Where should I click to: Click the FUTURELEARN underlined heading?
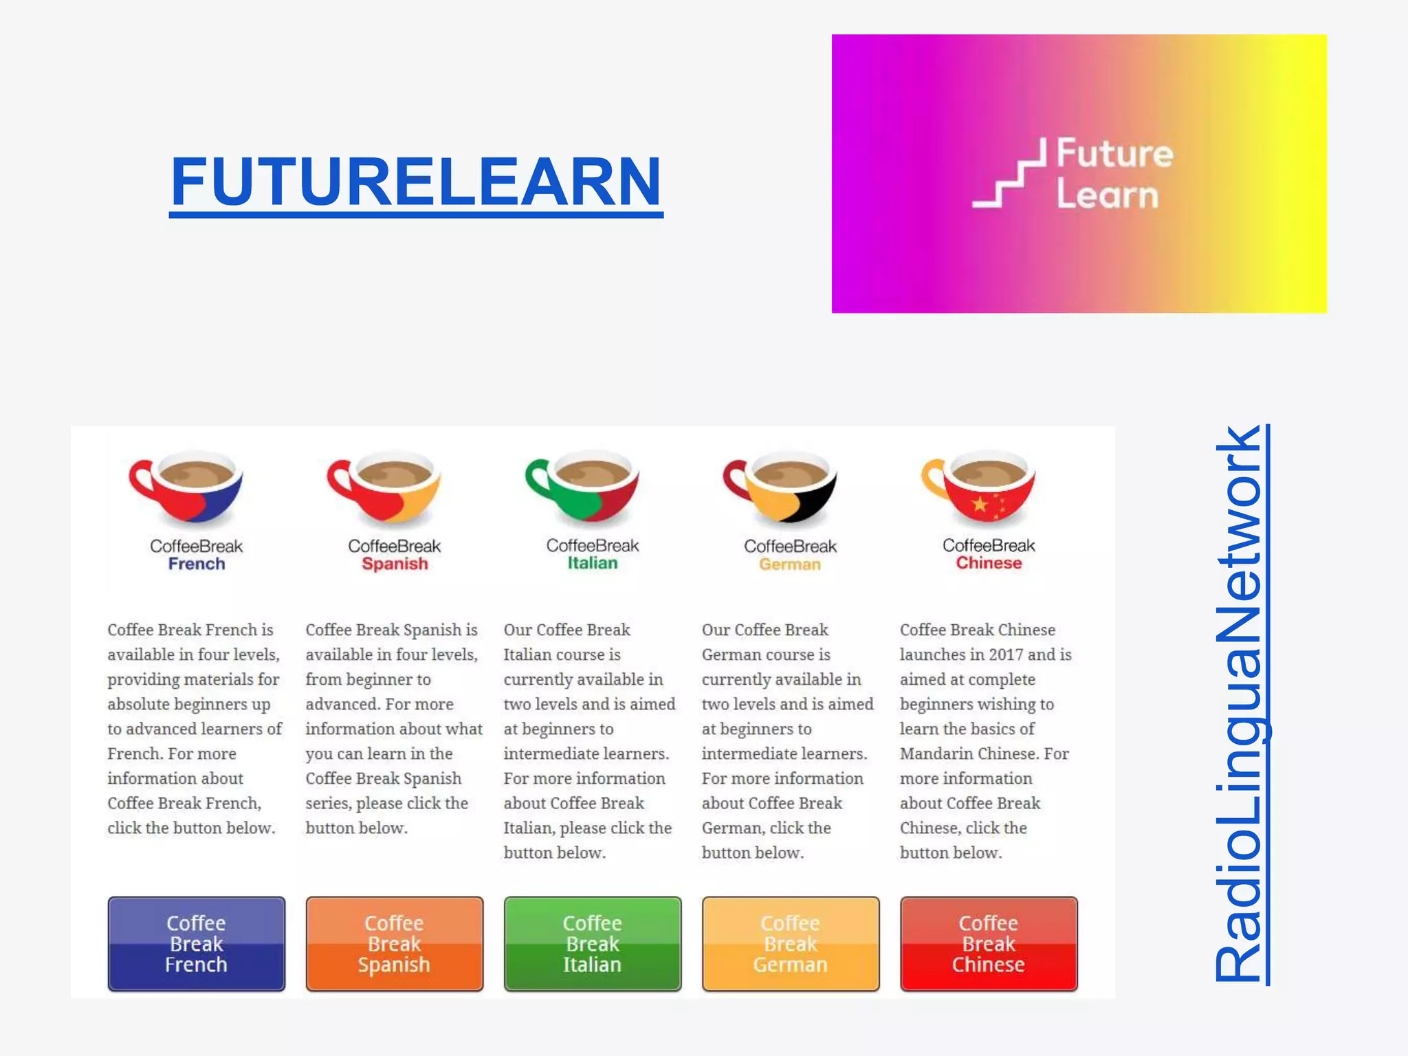pos(416,181)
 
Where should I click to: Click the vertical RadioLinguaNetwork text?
pos(1240,704)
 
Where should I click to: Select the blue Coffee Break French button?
pos(197,943)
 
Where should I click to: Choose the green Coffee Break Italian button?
pos(593,943)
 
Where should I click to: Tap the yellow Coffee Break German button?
pos(791,943)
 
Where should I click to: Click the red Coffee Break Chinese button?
pos(989,943)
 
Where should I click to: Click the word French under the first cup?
pos(197,564)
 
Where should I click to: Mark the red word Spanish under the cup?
pos(395,564)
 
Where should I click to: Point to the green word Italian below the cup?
pos(593,563)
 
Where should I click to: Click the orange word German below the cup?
pos(790,564)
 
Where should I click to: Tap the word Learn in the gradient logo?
pos(1108,195)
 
